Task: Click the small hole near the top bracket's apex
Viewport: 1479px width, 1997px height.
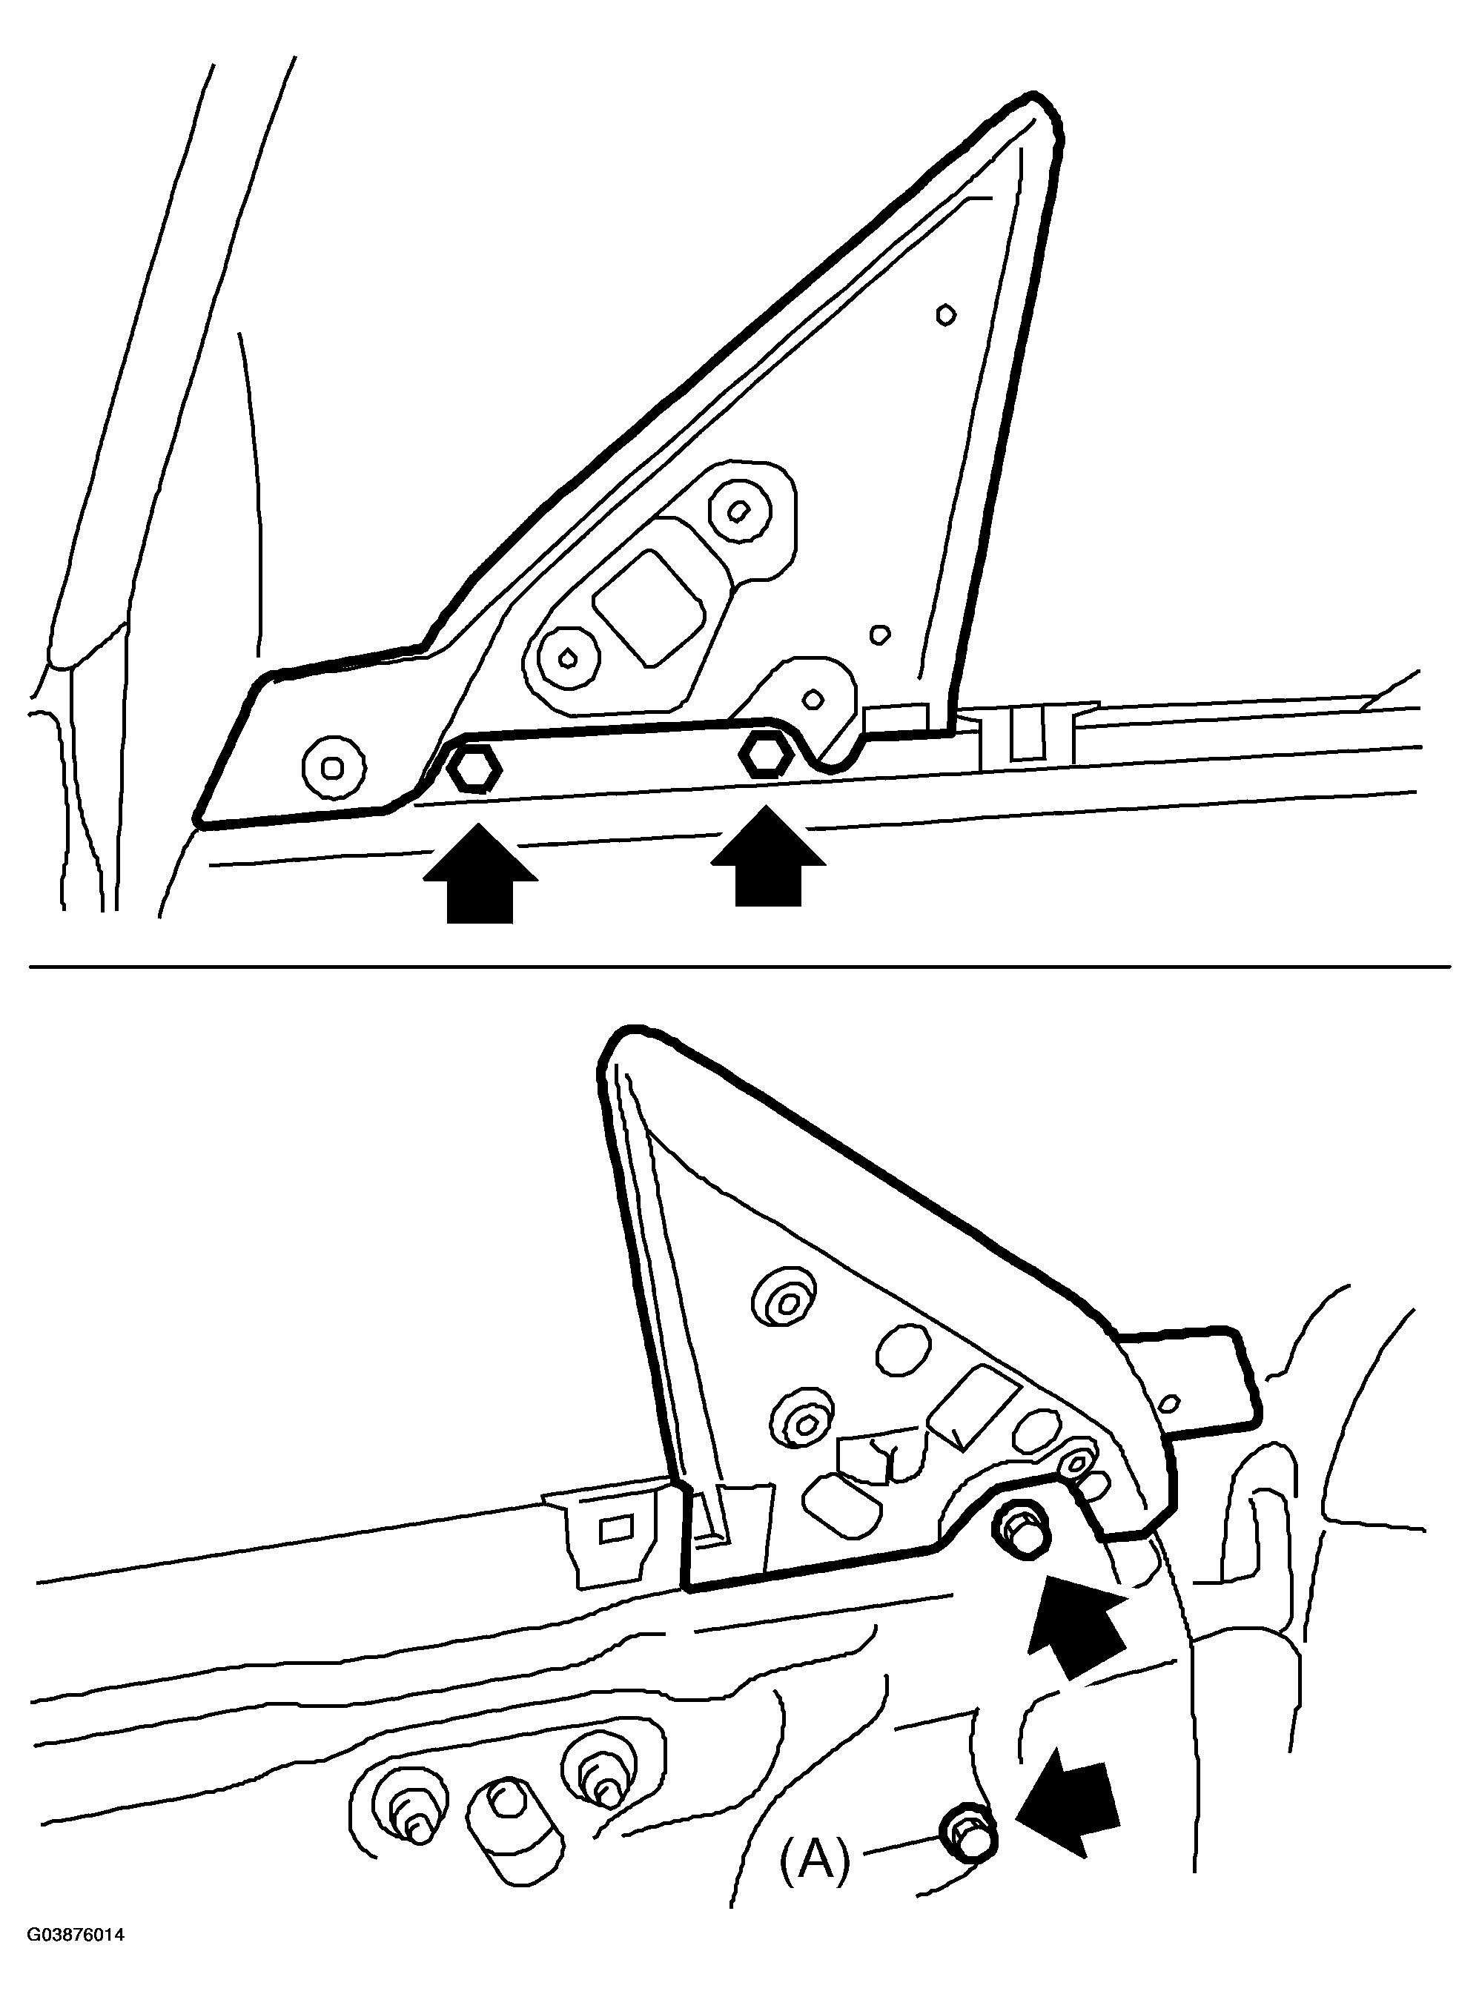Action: [x=945, y=314]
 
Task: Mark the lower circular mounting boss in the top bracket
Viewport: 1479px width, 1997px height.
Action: [x=566, y=659]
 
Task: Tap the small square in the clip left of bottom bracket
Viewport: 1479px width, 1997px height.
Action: [x=615, y=1527]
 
